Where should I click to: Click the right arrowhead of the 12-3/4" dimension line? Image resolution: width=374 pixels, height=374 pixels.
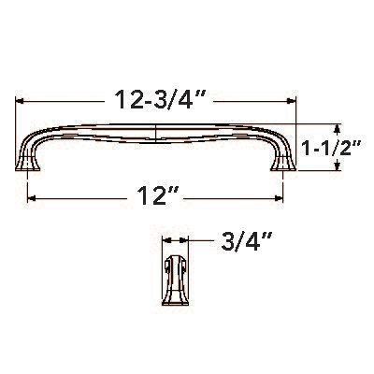(292, 101)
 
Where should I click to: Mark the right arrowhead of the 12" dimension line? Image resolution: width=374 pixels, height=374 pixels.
(280, 197)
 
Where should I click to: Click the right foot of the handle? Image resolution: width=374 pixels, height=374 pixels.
(281, 165)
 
